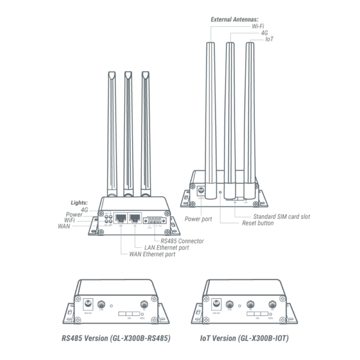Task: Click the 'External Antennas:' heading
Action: pyautogui.click(x=235, y=19)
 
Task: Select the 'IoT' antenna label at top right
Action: pyautogui.click(x=269, y=39)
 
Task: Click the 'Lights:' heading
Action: pyautogui.click(x=79, y=203)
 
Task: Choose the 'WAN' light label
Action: pyautogui.click(x=64, y=226)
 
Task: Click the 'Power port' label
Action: pyautogui.click(x=198, y=219)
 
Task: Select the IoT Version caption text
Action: pyautogui.click(x=244, y=338)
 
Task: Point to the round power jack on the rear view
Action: pyautogui.click(x=202, y=193)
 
